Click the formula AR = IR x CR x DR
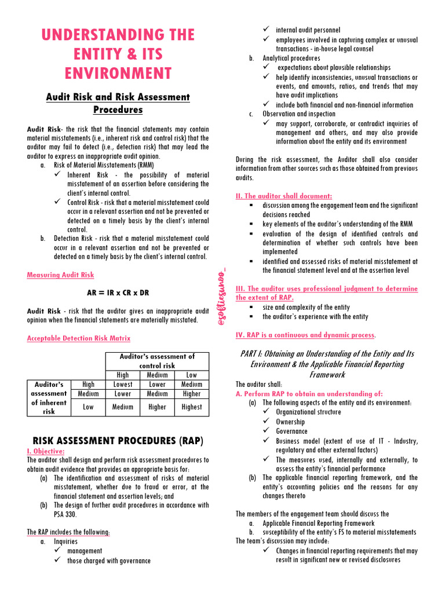tap(118, 292)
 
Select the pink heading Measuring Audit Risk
tap(60, 275)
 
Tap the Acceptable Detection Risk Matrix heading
tap(79, 338)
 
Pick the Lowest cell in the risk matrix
tap(123, 385)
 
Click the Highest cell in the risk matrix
tap(191, 407)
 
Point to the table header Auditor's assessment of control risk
tap(157, 361)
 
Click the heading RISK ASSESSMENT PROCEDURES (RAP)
tap(118, 441)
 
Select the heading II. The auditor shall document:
tap(284, 196)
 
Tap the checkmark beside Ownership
tap(266, 422)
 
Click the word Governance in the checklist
tap(291, 431)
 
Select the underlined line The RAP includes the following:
tap(68, 532)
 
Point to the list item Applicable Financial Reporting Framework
tap(318, 523)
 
